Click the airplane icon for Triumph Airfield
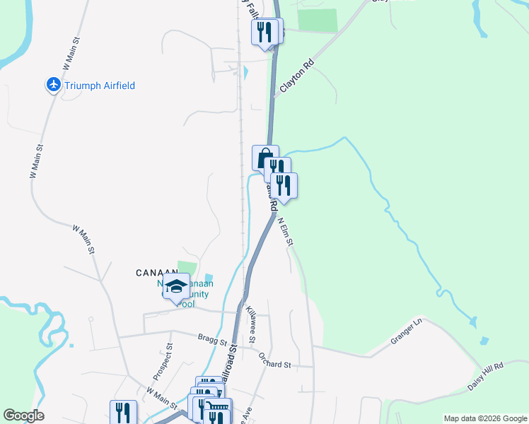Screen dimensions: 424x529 (54, 86)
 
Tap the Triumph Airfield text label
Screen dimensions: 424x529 (100, 86)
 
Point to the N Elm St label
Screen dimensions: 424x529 (285, 231)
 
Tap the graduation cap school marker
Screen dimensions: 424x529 (175, 286)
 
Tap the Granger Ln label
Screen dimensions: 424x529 (406, 331)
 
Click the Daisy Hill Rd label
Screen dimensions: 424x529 (485, 377)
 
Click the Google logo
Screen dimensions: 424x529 (23, 416)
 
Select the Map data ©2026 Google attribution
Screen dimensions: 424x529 (485, 418)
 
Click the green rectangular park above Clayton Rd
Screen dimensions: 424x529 (317, 20)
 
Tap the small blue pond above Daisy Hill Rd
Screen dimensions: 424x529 (484, 341)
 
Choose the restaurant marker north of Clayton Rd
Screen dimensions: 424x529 (265, 32)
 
